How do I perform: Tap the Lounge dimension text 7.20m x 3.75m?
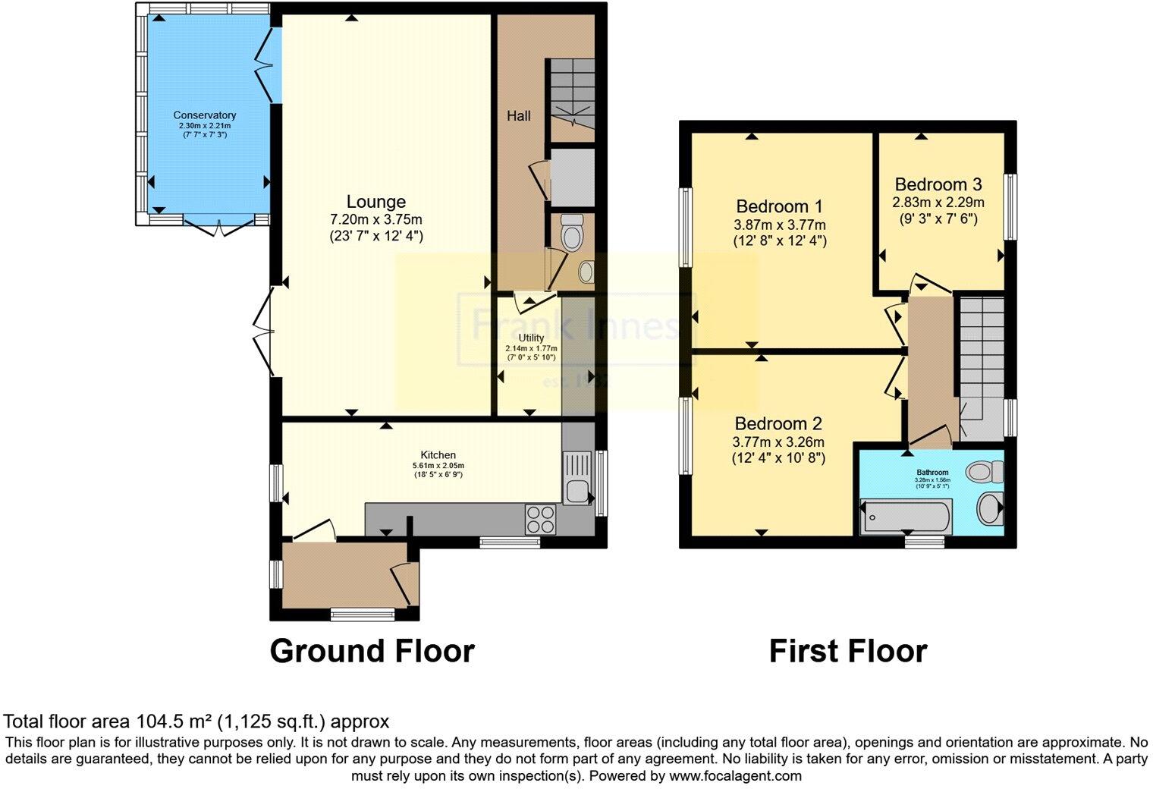click(x=375, y=220)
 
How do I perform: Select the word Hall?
click(x=519, y=116)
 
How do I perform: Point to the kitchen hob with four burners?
click(x=540, y=520)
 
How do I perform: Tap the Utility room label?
click(x=531, y=338)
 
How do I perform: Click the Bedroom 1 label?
click(x=779, y=206)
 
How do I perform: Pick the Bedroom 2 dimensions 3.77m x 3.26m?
click(x=778, y=442)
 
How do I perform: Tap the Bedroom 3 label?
click(x=938, y=184)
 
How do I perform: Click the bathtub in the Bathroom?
click(x=906, y=517)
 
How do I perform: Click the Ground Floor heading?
click(x=372, y=651)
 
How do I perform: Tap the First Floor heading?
click(x=847, y=651)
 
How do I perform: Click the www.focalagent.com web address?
click(x=734, y=776)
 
